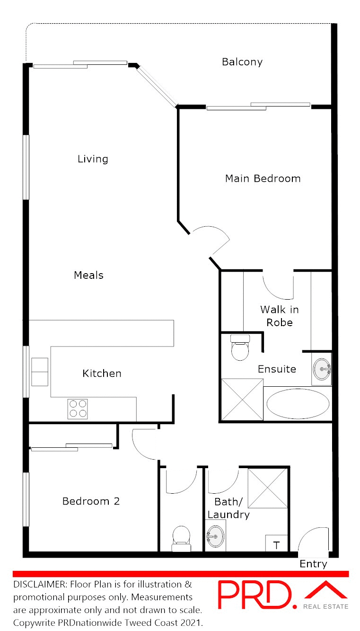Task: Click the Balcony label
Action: (242, 62)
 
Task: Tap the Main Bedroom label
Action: (263, 178)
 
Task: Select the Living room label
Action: (93, 159)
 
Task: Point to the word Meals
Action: (88, 275)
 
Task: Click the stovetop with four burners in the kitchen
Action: (78, 409)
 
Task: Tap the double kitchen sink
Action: (40, 372)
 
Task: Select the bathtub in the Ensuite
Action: (298, 404)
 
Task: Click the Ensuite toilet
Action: (239, 348)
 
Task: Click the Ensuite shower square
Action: (242, 400)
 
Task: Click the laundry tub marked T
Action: (276, 544)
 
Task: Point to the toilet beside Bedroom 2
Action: (181, 539)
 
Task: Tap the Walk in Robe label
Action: (279, 316)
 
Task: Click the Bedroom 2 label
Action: (91, 501)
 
